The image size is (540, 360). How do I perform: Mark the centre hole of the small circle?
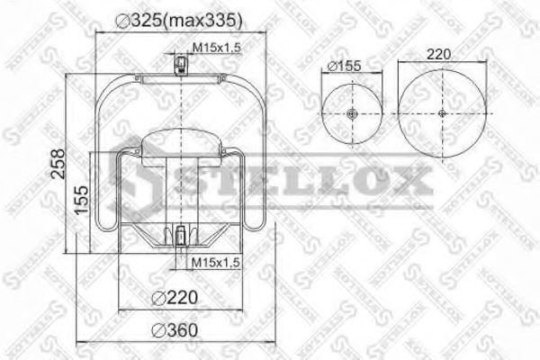(x=350, y=113)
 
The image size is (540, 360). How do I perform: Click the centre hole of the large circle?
(x=442, y=113)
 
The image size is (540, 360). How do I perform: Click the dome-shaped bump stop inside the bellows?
(x=181, y=147)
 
